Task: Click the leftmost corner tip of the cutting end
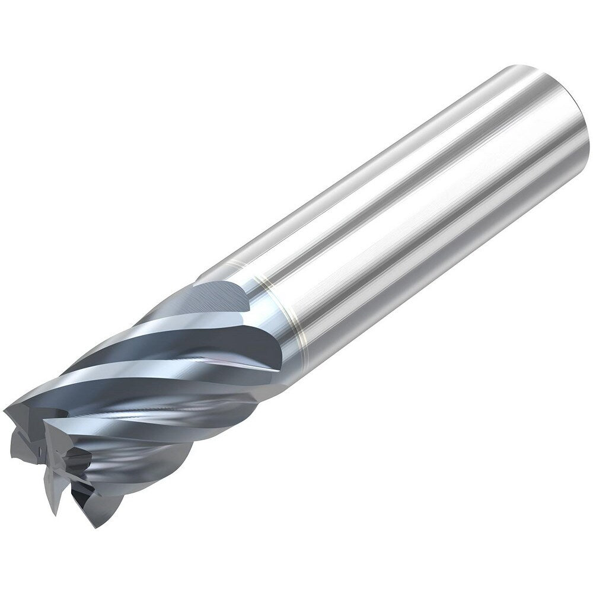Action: (x=6, y=409)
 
